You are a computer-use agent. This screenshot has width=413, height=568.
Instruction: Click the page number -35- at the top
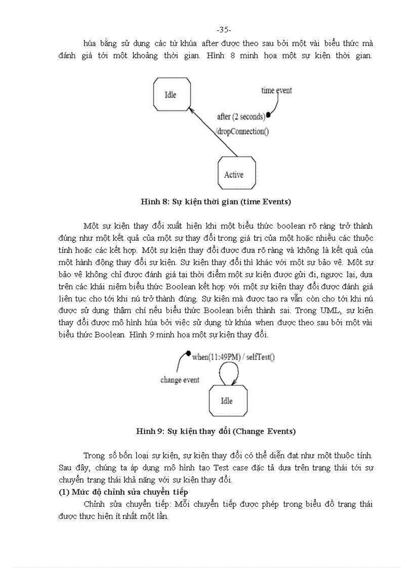coord(223,29)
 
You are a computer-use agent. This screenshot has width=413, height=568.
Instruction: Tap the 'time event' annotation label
coord(276,91)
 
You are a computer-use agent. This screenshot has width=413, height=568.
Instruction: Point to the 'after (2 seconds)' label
coord(240,117)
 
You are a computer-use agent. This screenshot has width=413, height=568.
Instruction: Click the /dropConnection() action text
coord(242,132)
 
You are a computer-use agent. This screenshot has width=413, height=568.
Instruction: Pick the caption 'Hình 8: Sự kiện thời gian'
coord(216,202)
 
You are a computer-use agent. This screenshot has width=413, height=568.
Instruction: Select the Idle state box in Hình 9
coord(227,401)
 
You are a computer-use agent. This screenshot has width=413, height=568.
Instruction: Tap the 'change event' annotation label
coord(180,380)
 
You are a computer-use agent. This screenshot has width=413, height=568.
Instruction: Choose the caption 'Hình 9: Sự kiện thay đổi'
coord(216,431)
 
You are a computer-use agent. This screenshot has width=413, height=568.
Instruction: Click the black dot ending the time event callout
coord(268,115)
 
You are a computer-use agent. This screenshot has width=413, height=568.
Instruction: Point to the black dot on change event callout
coord(188,353)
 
